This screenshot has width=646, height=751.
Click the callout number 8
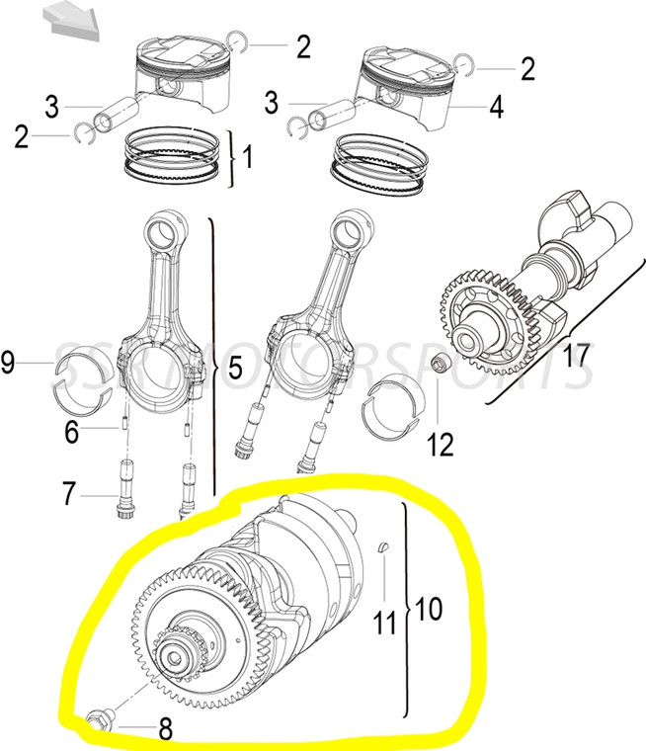(x=165, y=730)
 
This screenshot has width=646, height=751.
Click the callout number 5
(x=234, y=369)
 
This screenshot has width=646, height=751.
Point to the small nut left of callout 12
(x=444, y=368)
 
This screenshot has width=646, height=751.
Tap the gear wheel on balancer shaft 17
(x=488, y=311)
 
